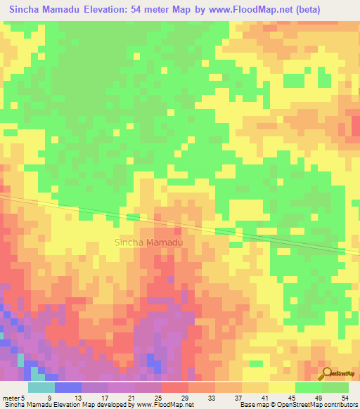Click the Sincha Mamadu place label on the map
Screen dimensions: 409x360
tap(148, 242)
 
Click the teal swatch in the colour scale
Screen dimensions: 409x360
tap(41, 387)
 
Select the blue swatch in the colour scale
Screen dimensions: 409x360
tap(68, 387)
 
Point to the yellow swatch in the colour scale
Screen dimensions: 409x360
tap(282, 387)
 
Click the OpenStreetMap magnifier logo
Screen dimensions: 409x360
tap(327, 373)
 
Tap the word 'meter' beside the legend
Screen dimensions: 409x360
tap(12, 397)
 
